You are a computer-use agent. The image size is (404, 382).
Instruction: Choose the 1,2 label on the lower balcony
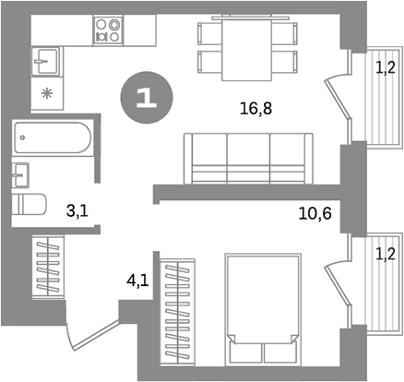click(385, 250)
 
